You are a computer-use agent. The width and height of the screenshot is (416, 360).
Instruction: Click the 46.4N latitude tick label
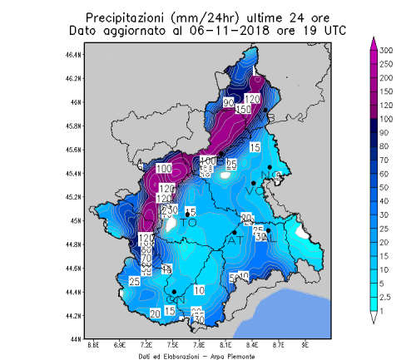[x=74, y=55]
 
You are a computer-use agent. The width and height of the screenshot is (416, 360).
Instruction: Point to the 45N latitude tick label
[x=76, y=221]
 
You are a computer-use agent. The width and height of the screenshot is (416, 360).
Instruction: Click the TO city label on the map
[x=189, y=223]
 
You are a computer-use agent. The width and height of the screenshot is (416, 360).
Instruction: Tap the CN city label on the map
[x=175, y=299]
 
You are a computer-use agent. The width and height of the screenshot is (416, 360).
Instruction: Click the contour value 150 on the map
[x=244, y=110]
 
